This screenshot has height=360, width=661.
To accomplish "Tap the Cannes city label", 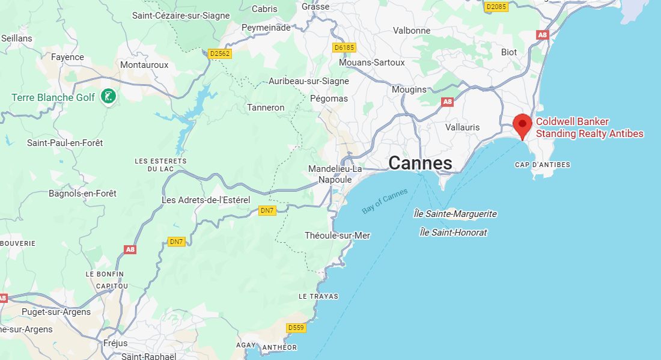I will coord(419,163).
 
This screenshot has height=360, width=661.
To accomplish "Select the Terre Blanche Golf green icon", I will coord(108,96).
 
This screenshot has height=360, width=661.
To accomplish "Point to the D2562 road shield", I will coord(220,53).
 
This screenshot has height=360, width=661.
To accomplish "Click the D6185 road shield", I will coord(344,47).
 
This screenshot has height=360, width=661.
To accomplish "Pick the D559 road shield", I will coord(296,328).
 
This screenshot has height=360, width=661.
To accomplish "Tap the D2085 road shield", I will coord(496,7).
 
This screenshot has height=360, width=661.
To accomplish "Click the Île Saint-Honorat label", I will coord(453,232).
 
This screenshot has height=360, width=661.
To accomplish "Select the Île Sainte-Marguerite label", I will coord(455,214).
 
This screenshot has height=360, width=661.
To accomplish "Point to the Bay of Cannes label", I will coord(385,201).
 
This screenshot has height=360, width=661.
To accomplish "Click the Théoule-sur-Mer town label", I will coord(337,236).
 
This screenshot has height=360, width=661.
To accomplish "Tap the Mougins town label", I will coord(409,90).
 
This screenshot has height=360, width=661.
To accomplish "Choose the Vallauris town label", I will coord(463,127).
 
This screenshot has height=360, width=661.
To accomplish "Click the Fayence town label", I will coord(67,57).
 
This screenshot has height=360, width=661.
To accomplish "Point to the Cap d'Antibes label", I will coord(543,165).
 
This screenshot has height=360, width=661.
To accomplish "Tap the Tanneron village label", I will coord(266,108).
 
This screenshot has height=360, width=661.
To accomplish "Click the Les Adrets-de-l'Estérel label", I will coord(206,200).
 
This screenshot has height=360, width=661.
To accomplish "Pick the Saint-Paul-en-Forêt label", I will coord(65,143).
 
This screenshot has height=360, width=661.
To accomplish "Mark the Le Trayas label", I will coord(318,296).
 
